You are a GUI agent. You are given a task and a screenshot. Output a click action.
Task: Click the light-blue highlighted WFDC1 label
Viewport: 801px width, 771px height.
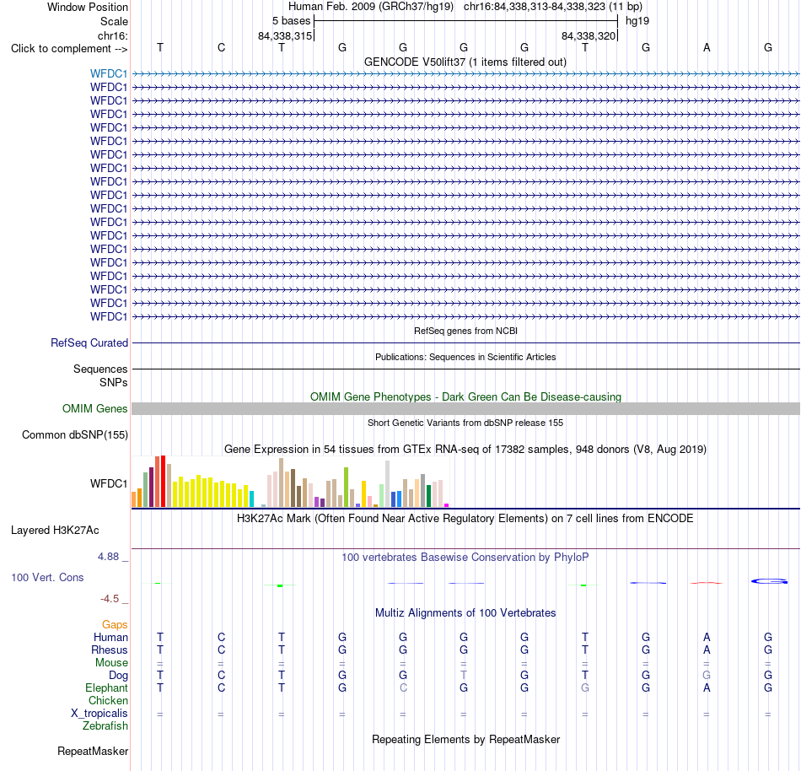(108, 73)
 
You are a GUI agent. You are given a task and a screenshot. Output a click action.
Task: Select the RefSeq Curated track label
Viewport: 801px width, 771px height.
(89, 342)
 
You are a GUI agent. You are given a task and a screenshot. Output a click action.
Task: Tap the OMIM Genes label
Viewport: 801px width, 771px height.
(94, 409)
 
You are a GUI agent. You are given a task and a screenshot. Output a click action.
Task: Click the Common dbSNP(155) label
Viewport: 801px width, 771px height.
(74, 434)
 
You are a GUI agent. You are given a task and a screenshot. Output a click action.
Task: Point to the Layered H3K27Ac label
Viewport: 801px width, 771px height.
(55, 531)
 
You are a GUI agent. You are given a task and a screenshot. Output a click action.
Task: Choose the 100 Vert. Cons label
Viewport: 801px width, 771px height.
(47, 577)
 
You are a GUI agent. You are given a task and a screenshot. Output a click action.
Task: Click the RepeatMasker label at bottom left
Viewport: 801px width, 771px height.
(93, 751)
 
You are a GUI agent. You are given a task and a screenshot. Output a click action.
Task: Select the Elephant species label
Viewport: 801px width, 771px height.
(106, 687)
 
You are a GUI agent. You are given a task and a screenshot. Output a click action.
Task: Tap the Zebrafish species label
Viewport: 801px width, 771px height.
(105, 725)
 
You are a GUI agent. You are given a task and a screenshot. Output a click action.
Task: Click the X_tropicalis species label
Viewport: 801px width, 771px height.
(99, 714)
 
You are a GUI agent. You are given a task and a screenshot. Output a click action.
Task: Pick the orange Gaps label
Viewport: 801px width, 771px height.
(115, 624)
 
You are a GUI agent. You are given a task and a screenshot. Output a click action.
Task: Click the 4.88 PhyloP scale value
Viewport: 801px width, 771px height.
(108, 557)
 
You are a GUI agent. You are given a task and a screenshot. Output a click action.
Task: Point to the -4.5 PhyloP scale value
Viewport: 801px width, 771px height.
(110, 598)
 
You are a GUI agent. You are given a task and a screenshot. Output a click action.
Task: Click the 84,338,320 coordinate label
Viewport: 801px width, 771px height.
(588, 35)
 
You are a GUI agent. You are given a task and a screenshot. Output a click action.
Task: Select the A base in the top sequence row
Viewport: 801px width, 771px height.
(707, 47)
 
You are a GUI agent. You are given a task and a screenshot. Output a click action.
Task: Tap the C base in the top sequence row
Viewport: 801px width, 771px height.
(221, 47)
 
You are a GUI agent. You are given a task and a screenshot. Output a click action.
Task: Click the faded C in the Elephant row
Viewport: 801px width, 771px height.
(403, 687)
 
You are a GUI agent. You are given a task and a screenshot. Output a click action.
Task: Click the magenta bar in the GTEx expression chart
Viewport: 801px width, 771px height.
(447, 505)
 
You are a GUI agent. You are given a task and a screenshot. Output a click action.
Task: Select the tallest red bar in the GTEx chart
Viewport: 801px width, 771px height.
(163, 482)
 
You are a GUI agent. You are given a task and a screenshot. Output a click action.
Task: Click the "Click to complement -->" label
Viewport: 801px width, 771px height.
(69, 49)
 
